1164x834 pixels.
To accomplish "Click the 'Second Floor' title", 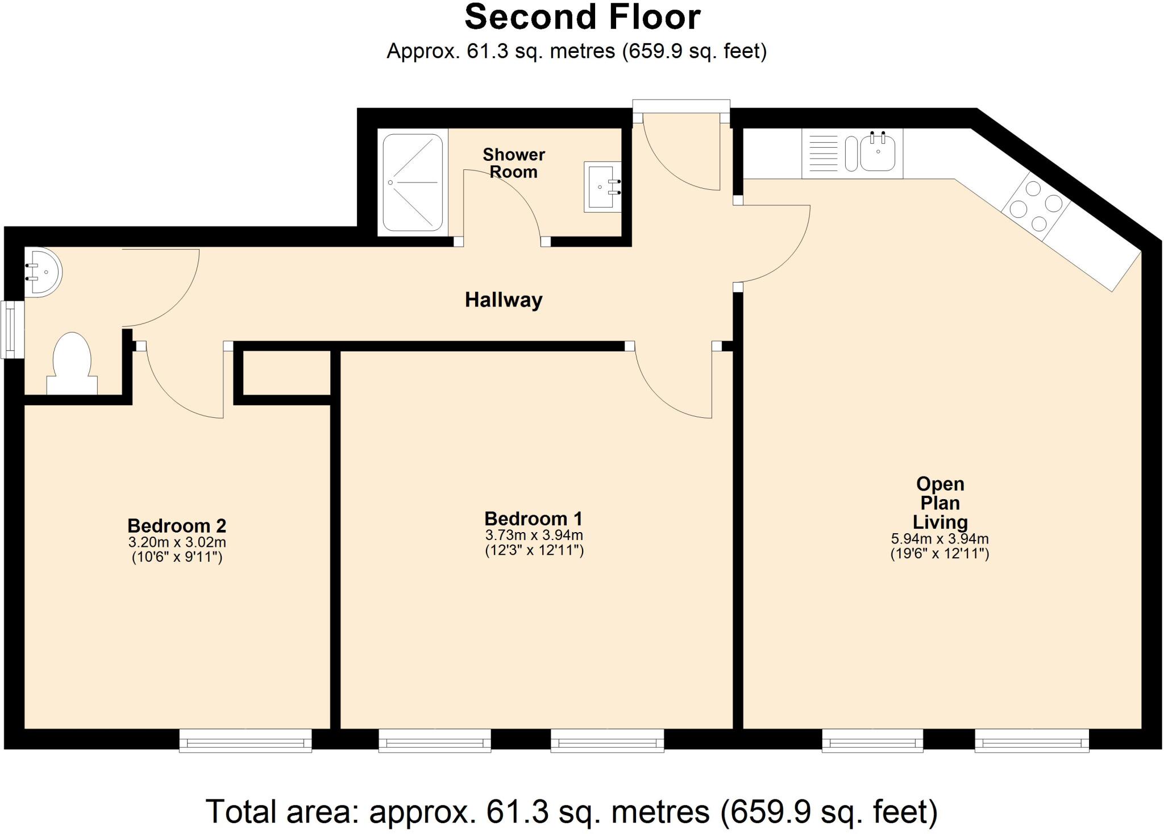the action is click(x=583, y=17).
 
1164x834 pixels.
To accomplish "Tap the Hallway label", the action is click(x=504, y=300).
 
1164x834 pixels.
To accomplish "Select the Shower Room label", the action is click(x=514, y=163).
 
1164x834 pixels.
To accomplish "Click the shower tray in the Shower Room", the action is click(x=413, y=182).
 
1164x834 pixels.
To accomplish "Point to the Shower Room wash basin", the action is click(x=602, y=186).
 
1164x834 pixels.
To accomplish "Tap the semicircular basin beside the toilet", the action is click(x=43, y=272).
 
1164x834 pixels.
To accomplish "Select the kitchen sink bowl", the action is click(x=878, y=151).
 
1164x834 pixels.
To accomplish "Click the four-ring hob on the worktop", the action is click(x=1036, y=206).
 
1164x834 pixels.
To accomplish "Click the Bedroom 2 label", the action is click(x=177, y=525).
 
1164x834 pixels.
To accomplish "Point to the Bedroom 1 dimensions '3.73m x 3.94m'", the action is click(x=534, y=536).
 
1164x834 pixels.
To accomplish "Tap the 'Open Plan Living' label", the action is click(x=940, y=503).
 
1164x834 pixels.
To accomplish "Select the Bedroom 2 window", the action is click(x=246, y=741).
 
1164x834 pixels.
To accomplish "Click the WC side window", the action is click(x=12, y=330).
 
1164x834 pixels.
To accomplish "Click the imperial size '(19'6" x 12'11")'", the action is click(x=940, y=554).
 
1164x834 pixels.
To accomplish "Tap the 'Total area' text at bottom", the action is click(x=571, y=811).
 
